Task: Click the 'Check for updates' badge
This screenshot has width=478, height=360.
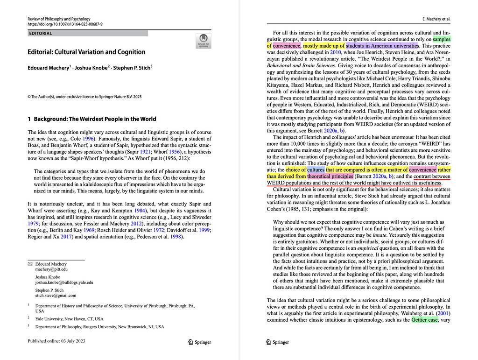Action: tap(203, 41)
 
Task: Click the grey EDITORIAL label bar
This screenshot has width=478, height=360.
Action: tap(88, 34)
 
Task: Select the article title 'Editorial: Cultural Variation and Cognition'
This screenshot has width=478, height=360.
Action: tap(86, 52)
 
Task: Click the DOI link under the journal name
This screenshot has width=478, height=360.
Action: tap(65, 24)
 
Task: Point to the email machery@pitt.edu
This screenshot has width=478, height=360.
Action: tap(51, 269)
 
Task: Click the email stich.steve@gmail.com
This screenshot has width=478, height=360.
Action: tap(56, 296)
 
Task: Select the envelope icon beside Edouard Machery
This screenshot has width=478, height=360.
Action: tap(30, 264)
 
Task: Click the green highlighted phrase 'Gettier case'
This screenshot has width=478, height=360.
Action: tap(425, 320)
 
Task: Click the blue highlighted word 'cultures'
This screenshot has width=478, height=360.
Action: tap(316, 170)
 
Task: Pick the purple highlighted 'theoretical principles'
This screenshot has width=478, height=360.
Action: tap(330, 176)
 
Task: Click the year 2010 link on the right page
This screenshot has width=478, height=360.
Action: tap(336, 52)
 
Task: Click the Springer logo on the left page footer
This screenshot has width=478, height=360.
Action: tap(199, 342)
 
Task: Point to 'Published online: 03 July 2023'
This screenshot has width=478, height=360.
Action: tap(56, 341)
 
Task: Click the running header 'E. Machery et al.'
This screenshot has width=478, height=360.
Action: tap(436, 19)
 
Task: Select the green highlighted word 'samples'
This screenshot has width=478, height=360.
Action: tap(442, 39)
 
